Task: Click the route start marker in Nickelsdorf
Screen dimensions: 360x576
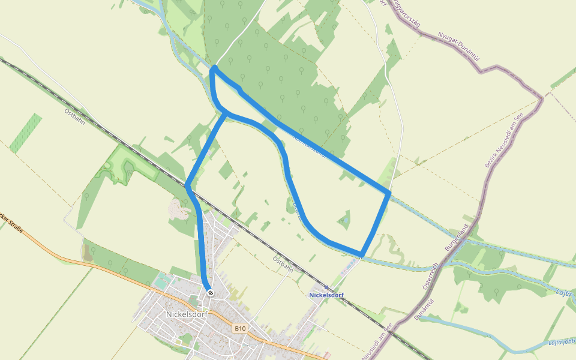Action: click(210, 293)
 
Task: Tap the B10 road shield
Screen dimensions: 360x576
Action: click(240, 328)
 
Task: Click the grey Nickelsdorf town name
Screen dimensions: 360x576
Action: click(186, 314)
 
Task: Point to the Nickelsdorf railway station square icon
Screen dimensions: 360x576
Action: click(326, 287)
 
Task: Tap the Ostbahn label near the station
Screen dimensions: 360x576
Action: click(283, 264)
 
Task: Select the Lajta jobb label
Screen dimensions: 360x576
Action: click(561, 343)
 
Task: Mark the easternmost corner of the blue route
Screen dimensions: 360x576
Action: click(389, 193)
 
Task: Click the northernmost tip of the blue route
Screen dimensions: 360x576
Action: click(214, 68)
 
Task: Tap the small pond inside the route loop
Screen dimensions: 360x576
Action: click(344, 221)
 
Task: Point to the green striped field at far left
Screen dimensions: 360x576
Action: click(26, 133)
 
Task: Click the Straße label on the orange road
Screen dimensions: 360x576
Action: click(12, 224)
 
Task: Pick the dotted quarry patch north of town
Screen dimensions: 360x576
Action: click(177, 210)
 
